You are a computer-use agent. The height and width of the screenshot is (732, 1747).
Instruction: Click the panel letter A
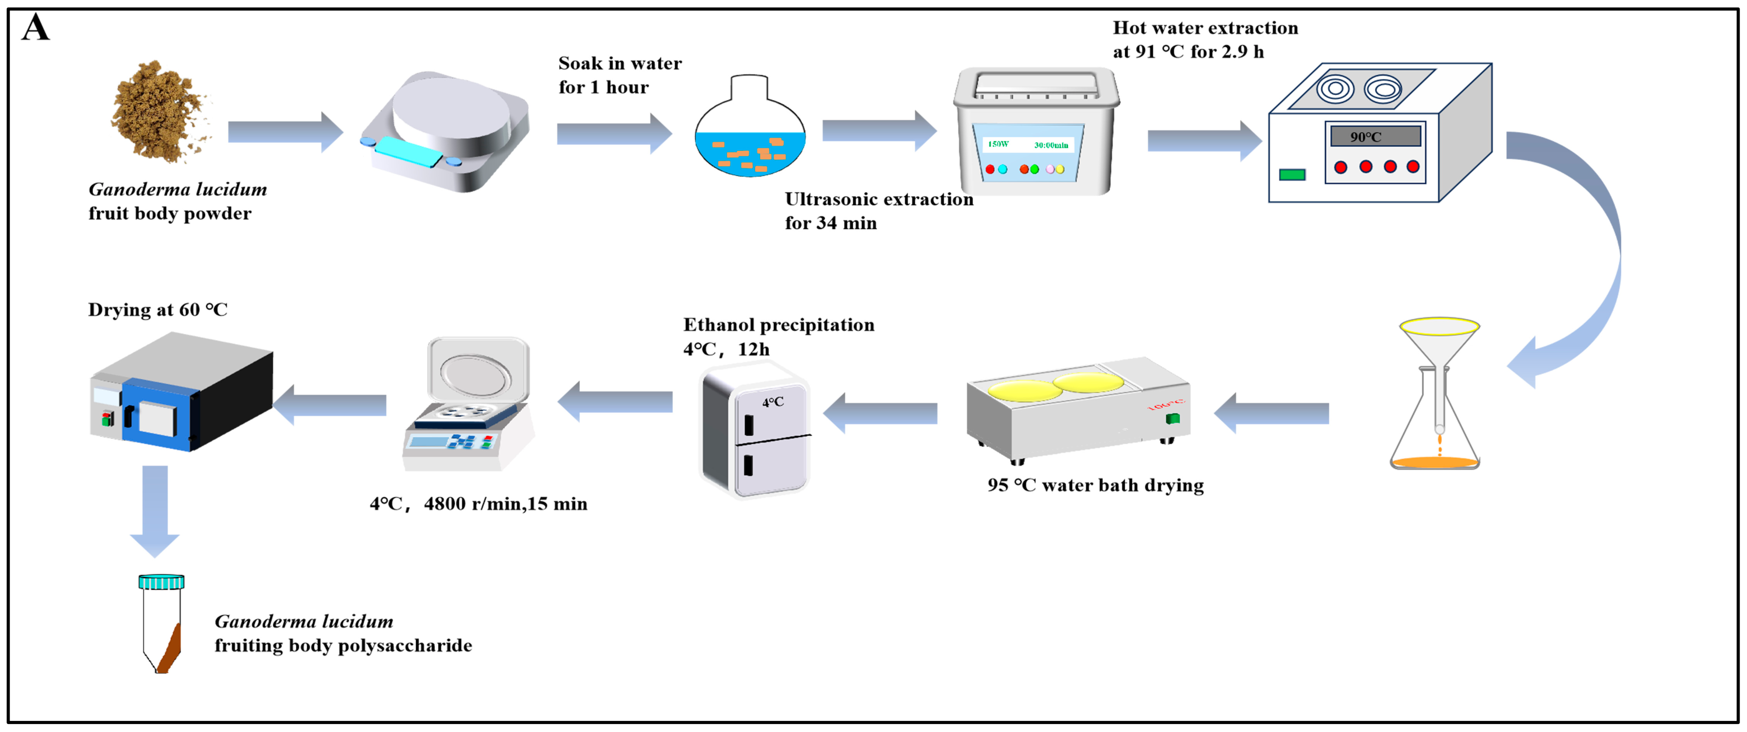(35, 28)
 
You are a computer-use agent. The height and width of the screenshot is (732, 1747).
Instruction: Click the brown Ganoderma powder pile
(159, 112)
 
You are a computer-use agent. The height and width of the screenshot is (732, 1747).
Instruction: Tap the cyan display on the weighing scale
(409, 151)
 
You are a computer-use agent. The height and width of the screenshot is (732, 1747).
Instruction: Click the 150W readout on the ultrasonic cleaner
(997, 144)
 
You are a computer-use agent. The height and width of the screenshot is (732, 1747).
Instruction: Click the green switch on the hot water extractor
(1291, 175)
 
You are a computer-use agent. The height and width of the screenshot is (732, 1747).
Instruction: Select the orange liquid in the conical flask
(1435, 462)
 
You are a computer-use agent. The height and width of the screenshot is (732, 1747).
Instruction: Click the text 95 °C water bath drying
(1095, 485)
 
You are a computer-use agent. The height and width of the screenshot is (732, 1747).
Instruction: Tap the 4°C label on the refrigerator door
(773, 402)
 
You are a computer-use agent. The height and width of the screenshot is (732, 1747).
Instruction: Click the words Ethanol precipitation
(778, 325)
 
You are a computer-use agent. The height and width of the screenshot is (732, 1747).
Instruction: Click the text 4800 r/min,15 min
(505, 504)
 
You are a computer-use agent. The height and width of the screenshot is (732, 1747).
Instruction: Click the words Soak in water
(619, 64)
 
